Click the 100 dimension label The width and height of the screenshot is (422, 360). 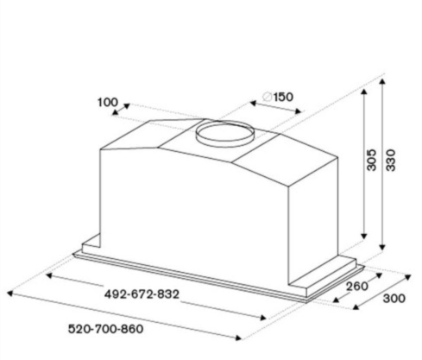(x=108, y=102)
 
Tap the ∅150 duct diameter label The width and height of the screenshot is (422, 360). (x=278, y=97)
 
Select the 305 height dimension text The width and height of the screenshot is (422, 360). (x=372, y=160)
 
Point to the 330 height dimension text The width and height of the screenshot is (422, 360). (x=390, y=160)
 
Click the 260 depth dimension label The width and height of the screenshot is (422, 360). (x=356, y=287)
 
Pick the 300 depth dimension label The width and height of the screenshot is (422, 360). (x=394, y=299)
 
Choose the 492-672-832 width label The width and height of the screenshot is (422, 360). (x=142, y=294)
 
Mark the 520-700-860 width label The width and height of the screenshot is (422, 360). (x=105, y=329)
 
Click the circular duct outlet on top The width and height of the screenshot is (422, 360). (x=225, y=134)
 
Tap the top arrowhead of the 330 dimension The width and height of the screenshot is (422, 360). (x=382, y=81)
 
